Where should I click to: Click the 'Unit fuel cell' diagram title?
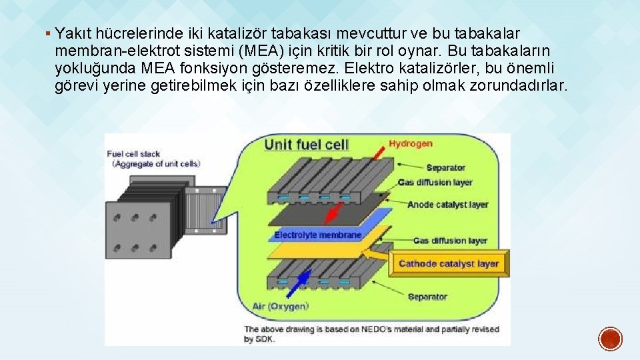(306, 145)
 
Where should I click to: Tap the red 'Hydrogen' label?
(411, 143)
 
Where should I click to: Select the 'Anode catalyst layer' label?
(447, 205)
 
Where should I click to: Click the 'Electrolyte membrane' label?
(318, 235)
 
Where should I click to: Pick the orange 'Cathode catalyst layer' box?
(448, 264)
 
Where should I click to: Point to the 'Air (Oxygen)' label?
(280, 307)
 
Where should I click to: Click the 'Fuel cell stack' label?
(133, 154)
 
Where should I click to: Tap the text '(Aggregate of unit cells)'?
(156, 163)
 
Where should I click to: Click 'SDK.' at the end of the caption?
(263, 339)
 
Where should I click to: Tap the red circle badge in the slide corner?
(609, 338)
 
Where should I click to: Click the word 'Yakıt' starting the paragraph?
(74, 33)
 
